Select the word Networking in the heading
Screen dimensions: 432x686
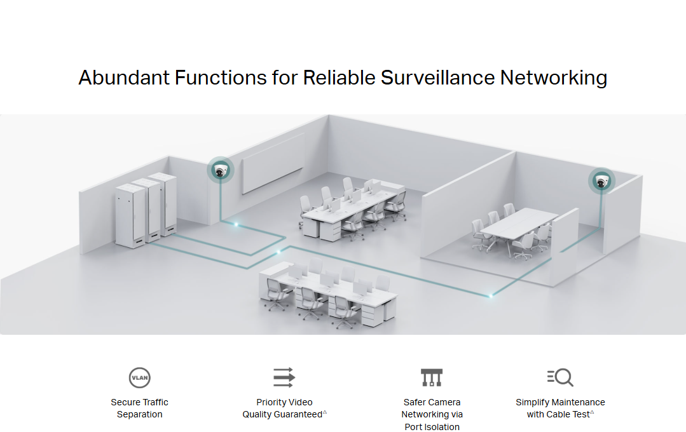coord(553,78)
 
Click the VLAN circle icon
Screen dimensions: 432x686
coord(139,377)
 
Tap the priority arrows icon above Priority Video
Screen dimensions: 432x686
coord(284,377)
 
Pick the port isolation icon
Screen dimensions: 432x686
coord(432,377)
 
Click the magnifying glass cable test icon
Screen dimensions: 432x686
coord(560,377)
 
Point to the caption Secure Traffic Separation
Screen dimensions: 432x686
coord(139,408)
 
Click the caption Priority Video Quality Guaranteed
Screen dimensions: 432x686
coord(284,408)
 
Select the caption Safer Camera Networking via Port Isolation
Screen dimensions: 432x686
coord(432,414)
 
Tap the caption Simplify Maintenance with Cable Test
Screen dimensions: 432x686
coord(560,408)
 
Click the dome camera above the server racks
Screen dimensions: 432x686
coord(221,170)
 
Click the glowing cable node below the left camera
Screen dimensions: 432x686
coord(236,224)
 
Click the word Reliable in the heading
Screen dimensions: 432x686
coord(338,78)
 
